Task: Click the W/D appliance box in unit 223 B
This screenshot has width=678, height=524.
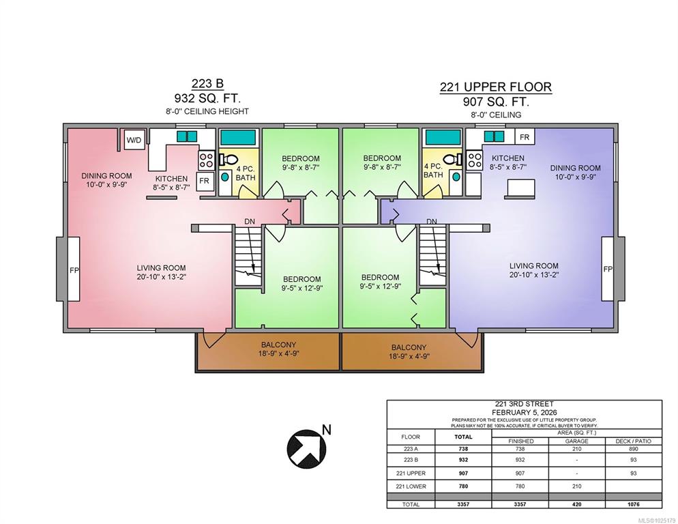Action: click(134, 140)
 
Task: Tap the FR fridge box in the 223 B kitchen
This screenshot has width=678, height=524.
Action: click(204, 181)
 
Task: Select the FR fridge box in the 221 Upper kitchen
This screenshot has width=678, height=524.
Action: click(525, 136)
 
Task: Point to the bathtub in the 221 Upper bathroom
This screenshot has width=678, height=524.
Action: click(443, 136)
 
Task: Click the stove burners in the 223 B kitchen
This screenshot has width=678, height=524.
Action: click(206, 160)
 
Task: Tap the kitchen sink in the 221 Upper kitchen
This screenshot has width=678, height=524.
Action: click(494, 136)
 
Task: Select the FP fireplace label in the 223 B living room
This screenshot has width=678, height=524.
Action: click(74, 270)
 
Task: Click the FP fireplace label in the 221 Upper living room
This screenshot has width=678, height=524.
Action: click(608, 269)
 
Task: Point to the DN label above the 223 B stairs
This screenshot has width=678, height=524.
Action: click(250, 222)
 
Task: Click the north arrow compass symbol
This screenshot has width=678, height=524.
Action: click(307, 449)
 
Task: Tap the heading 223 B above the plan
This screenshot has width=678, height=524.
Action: click(207, 83)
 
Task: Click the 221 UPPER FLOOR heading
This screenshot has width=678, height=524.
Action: click(496, 87)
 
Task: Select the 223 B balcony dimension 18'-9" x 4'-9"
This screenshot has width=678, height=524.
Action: click(278, 353)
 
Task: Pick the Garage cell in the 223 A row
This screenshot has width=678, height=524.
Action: click(577, 449)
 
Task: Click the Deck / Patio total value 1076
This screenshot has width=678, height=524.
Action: click(633, 504)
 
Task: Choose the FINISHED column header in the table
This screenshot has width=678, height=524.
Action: click(520, 441)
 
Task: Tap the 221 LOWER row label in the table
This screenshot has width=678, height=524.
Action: click(411, 486)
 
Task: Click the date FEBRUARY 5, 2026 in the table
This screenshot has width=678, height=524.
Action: click(524, 412)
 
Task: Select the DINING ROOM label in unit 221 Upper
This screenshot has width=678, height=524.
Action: click(575, 168)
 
